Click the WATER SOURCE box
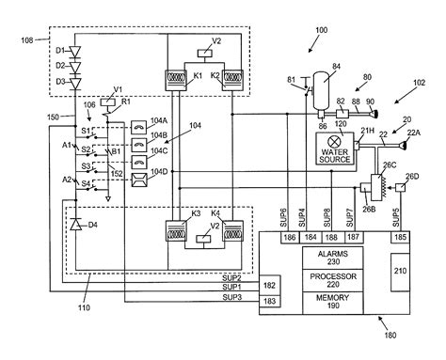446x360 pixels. [x=336, y=149]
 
